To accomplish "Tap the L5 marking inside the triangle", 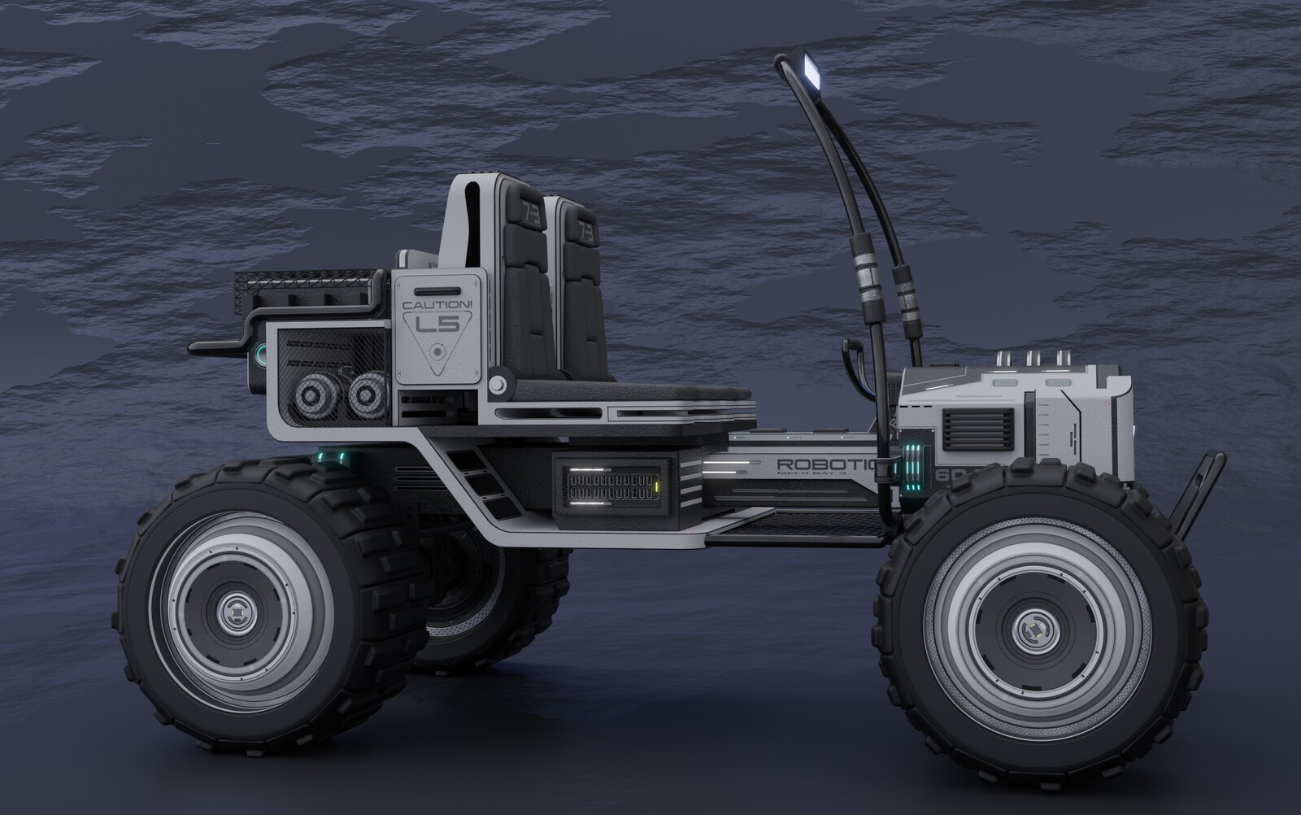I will tap(437, 325).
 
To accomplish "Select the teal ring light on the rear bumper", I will tap(259, 354).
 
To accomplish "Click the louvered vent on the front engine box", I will tap(977, 430).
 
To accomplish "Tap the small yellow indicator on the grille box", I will tap(655, 488).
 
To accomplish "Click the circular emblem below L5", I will tap(438, 353).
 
